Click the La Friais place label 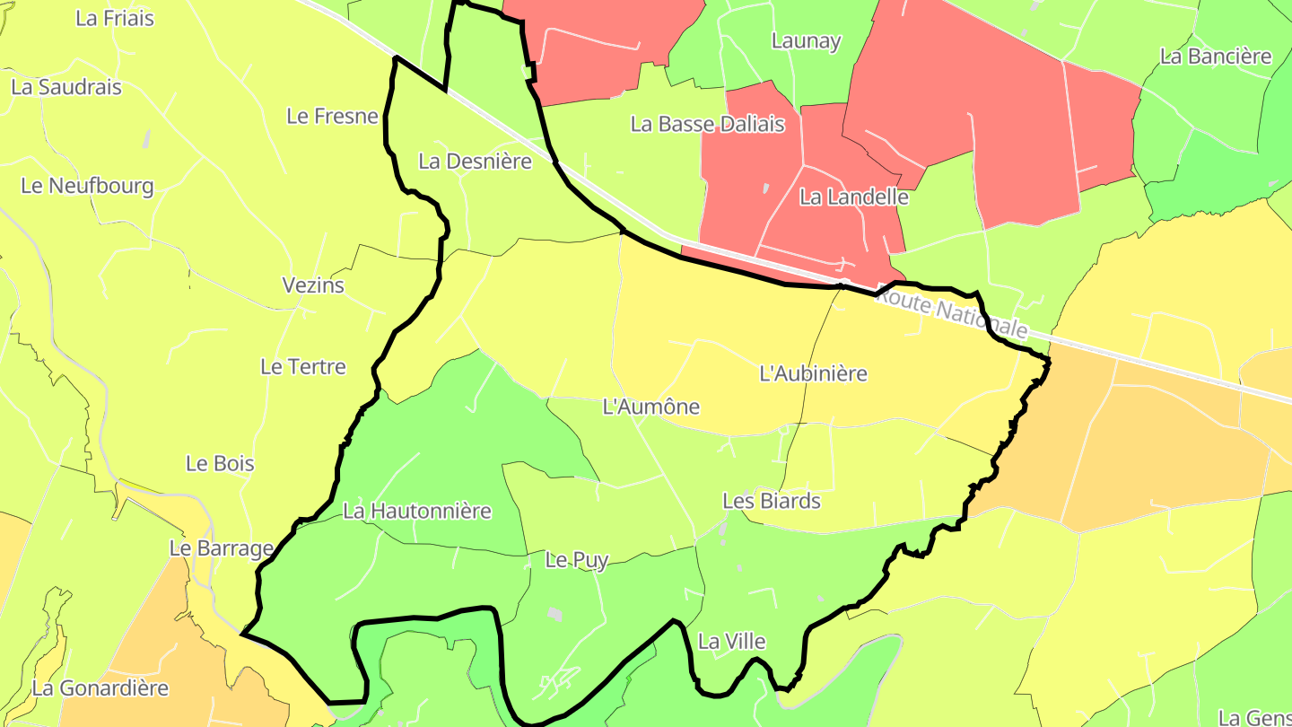[115, 19]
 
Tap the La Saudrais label [66, 88]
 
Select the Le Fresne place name [332, 116]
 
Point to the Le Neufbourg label [87, 187]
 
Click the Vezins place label [313, 286]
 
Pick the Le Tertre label [303, 367]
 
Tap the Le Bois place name [220, 464]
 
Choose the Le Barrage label [222, 548]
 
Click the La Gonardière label [100, 689]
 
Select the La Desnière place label [476, 162]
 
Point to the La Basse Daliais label [708, 125]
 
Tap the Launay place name [807, 41]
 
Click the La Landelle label [854, 197]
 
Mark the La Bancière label [1216, 57]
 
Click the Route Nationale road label [950, 311]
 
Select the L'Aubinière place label [814, 373]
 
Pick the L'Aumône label [651, 407]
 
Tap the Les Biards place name [772, 501]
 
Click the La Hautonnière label [417, 512]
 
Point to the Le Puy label [577, 561]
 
